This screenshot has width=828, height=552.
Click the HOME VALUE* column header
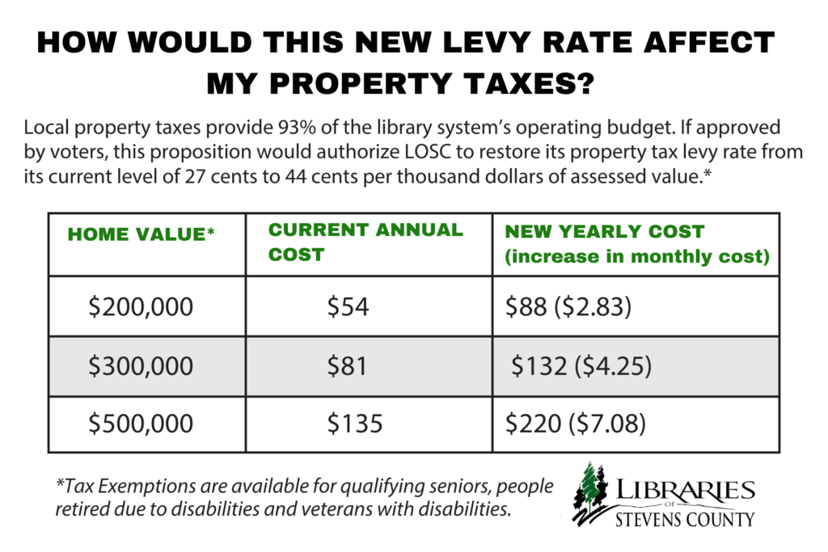tap(141, 235)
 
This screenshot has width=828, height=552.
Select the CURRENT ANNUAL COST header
tap(365, 242)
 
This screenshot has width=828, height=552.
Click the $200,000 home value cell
tap(141, 307)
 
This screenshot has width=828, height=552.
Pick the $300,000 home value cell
tap(141, 366)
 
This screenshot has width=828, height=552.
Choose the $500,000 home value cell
tap(141, 423)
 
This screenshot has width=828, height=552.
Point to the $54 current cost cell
tap(348, 307)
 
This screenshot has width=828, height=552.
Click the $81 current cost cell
tap(348, 366)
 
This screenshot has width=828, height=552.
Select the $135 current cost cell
tap(353, 423)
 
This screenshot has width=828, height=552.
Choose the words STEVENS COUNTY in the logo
tap(682, 519)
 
